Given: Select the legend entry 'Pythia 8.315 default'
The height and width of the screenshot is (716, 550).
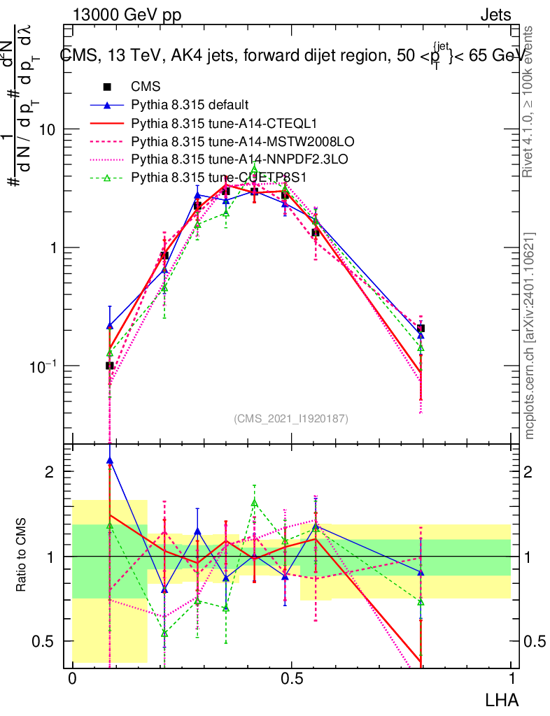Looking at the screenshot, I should pyautogui.click(x=190, y=106).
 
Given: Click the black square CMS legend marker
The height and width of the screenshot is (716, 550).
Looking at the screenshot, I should pyautogui.click(x=107, y=87).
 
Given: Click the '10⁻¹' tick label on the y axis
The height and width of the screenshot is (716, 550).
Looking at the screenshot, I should pyautogui.click(x=43, y=365).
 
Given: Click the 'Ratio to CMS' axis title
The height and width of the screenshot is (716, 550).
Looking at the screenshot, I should pyautogui.click(x=21, y=556).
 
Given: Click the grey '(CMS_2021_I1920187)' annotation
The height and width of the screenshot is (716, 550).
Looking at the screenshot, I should pyautogui.click(x=290, y=418).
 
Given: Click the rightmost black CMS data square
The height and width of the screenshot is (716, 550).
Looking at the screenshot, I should pyautogui.click(x=421, y=328).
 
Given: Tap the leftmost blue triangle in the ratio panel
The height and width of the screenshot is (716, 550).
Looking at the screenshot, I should pyautogui.click(x=109, y=461).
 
